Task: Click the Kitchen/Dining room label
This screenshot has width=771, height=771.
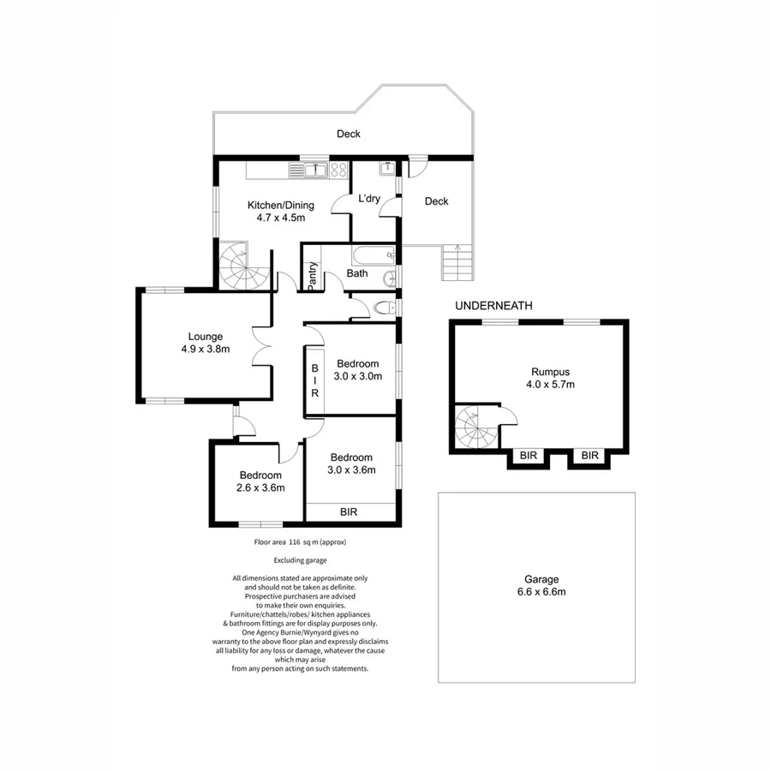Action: (x=281, y=211)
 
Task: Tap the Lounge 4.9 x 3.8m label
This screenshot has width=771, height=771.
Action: (x=206, y=343)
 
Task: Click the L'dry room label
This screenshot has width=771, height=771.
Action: (x=369, y=199)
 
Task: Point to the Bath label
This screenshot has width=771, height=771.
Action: (x=357, y=274)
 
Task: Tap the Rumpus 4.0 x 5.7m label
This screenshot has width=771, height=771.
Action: (x=550, y=378)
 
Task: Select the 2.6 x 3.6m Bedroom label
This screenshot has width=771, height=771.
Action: (x=260, y=481)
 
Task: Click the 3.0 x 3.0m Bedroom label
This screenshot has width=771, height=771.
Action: (x=357, y=368)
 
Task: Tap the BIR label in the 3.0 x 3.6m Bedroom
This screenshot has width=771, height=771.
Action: (x=349, y=511)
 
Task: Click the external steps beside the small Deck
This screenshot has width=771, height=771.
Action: (x=457, y=262)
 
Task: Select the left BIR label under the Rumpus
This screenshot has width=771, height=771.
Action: (x=528, y=456)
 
